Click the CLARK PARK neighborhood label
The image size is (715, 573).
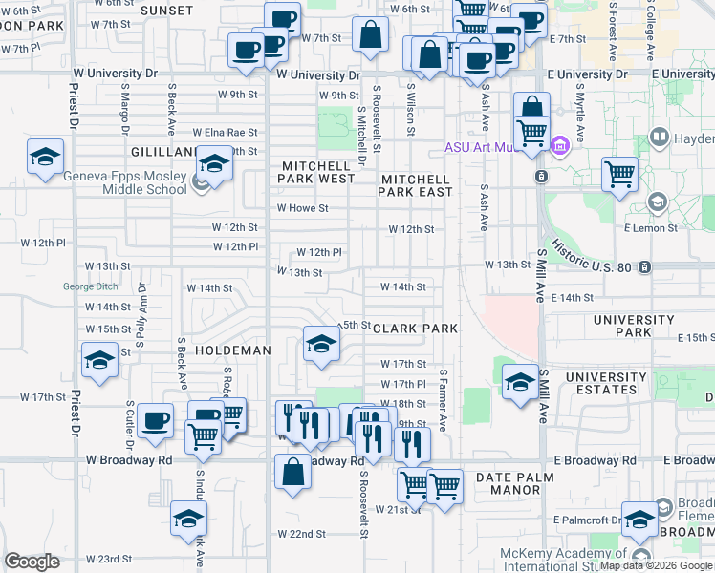pos(415,329)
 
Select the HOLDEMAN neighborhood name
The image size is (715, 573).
pos(233,351)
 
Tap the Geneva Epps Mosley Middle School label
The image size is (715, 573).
pos(125,181)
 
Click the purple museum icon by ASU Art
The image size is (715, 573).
pos(560,146)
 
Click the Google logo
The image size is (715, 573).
pos(32,562)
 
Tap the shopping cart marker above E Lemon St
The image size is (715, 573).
pos(620,175)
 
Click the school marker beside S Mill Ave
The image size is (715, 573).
pos(519,381)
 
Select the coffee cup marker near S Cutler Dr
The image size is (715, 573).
pos(155,421)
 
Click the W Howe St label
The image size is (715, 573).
pos(302,207)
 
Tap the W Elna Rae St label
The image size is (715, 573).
pos(226,133)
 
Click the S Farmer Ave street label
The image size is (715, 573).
pos(443,401)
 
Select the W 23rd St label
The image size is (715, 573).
pos(107,559)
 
